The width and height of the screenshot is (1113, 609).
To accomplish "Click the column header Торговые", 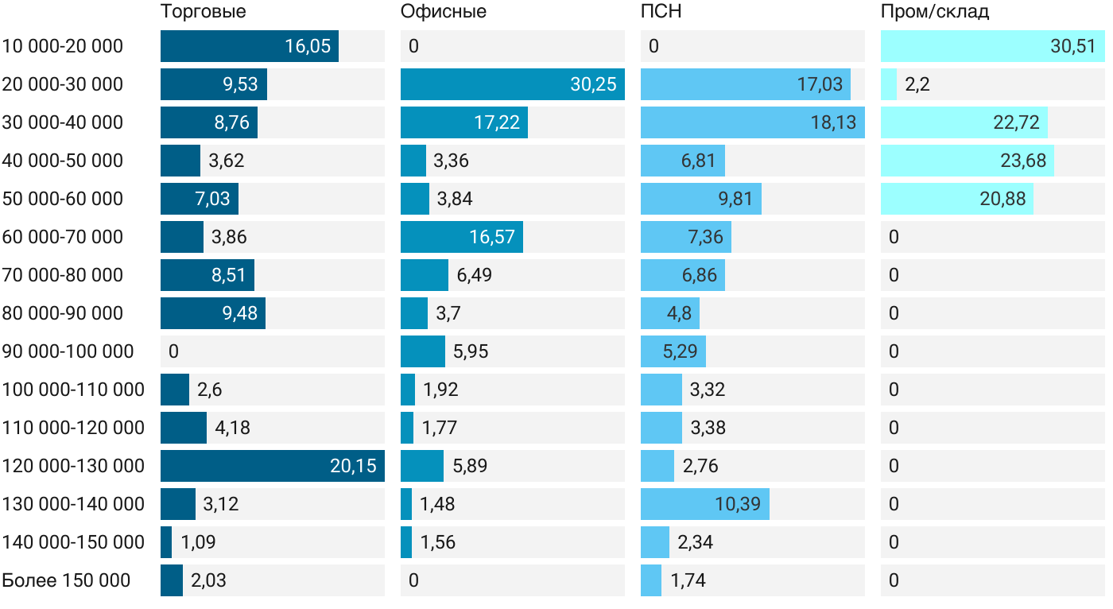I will (203, 12).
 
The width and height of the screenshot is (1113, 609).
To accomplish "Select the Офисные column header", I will (444, 12).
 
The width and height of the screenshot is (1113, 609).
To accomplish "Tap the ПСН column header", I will (661, 12).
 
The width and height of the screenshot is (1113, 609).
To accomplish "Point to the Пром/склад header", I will (934, 12).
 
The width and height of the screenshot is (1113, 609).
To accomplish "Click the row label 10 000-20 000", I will (63, 46).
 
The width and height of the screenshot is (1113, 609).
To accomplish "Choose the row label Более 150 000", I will (66, 580).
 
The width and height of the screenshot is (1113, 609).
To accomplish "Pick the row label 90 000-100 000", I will (68, 351).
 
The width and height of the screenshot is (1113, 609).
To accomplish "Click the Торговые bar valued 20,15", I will (272, 466).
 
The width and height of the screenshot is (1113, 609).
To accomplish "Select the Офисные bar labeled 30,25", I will (512, 84).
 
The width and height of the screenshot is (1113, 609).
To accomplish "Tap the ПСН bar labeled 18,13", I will (752, 122).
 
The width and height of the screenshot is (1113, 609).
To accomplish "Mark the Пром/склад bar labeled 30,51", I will (992, 46).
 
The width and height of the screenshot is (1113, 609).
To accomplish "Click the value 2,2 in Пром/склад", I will (917, 84).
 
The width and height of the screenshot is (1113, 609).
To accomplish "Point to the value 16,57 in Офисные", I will (492, 237).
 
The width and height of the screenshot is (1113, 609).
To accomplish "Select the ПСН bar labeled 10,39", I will (704, 504).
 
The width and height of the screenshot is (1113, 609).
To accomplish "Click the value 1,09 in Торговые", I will (198, 542).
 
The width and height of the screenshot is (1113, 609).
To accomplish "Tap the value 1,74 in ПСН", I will (688, 580).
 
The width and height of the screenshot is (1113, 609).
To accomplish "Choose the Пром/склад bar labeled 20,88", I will (956, 199).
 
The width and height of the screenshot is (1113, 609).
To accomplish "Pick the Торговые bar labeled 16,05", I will (249, 46).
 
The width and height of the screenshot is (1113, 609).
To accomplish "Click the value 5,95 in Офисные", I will (471, 351).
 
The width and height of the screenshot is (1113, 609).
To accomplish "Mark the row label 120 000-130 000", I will (74, 466).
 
